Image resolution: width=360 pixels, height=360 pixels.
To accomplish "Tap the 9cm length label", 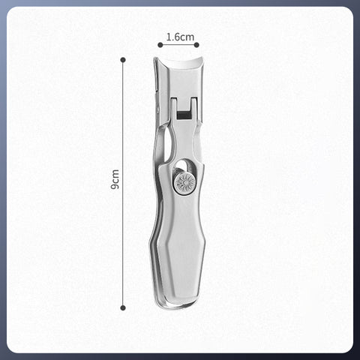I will tap(115, 180).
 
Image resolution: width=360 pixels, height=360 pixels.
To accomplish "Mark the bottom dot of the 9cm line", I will tap(124, 307).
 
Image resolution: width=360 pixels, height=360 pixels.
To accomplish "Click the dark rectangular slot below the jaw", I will tap(182, 112).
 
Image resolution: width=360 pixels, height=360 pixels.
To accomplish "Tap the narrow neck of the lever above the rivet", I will tap(184, 146).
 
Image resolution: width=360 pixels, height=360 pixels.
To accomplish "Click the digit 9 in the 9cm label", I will tap(115, 186).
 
